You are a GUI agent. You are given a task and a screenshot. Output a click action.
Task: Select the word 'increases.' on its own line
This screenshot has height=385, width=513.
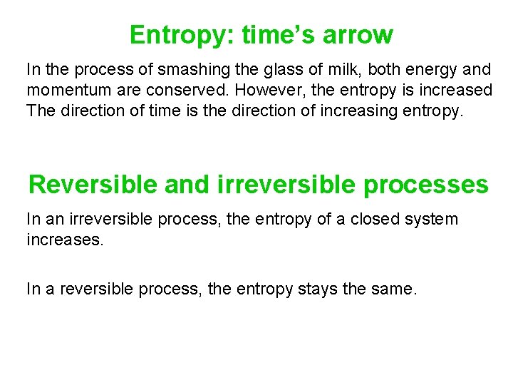tap(65, 240)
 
